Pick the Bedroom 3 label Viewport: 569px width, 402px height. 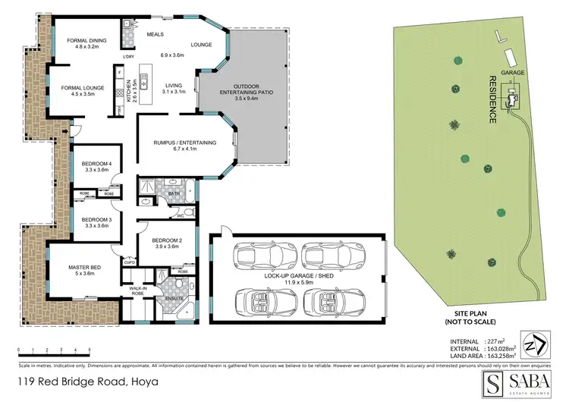[x=99, y=221]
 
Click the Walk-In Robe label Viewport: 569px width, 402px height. [x=138, y=290]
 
